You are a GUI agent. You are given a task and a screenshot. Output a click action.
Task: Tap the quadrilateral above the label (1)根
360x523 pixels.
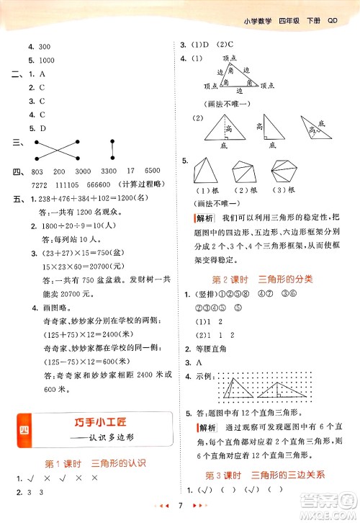[x=205, y=174]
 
